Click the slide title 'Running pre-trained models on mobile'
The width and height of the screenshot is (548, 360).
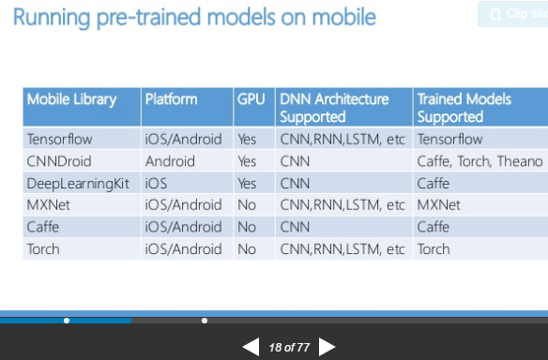click(194, 17)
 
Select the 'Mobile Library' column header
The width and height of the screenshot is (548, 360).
click(72, 98)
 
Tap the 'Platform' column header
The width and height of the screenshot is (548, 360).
click(172, 98)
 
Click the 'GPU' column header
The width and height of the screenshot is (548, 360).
click(251, 98)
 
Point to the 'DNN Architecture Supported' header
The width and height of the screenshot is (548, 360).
click(334, 107)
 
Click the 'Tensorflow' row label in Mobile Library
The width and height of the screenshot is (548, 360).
click(62, 139)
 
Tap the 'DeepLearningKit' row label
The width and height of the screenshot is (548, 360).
click(78, 183)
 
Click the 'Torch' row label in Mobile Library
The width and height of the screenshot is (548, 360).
click(43, 248)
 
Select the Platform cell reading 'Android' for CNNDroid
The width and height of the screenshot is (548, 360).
click(171, 161)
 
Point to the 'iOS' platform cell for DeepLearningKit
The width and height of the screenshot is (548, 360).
click(157, 183)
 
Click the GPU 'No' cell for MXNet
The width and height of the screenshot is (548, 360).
click(247, 204)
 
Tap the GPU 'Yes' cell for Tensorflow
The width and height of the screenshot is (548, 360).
click(248, 139)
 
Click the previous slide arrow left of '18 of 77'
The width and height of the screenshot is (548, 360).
click(251, 347)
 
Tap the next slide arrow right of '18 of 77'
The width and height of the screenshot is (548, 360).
click(327, 347)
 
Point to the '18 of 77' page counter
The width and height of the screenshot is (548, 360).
click(289, 347)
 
